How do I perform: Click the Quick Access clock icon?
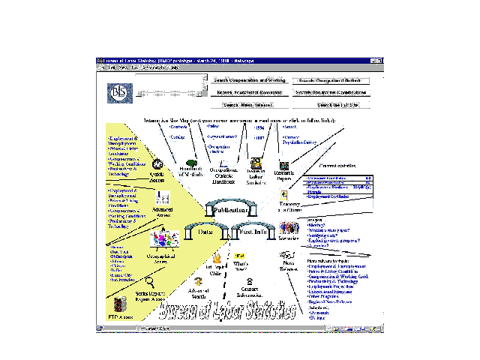pyautogui.click(x=157, y=164)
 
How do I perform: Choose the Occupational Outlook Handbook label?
pyautogui.click(x=223, y=177)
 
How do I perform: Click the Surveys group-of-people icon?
pyautogui.click(x=289, y=226)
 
